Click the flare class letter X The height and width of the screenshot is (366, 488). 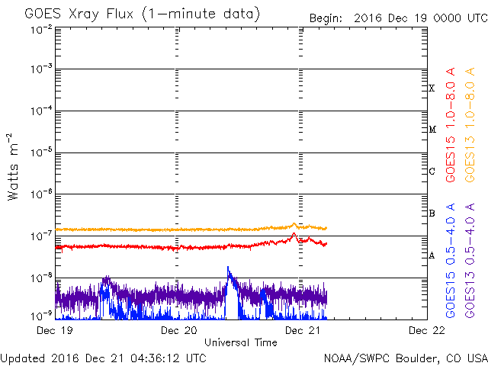pos(432,88)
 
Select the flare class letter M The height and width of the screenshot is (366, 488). pos(432,130)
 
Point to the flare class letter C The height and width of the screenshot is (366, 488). pos(432,172)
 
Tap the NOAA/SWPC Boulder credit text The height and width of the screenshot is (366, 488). pos(405,358)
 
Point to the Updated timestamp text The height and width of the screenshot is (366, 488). pos(103,358)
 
